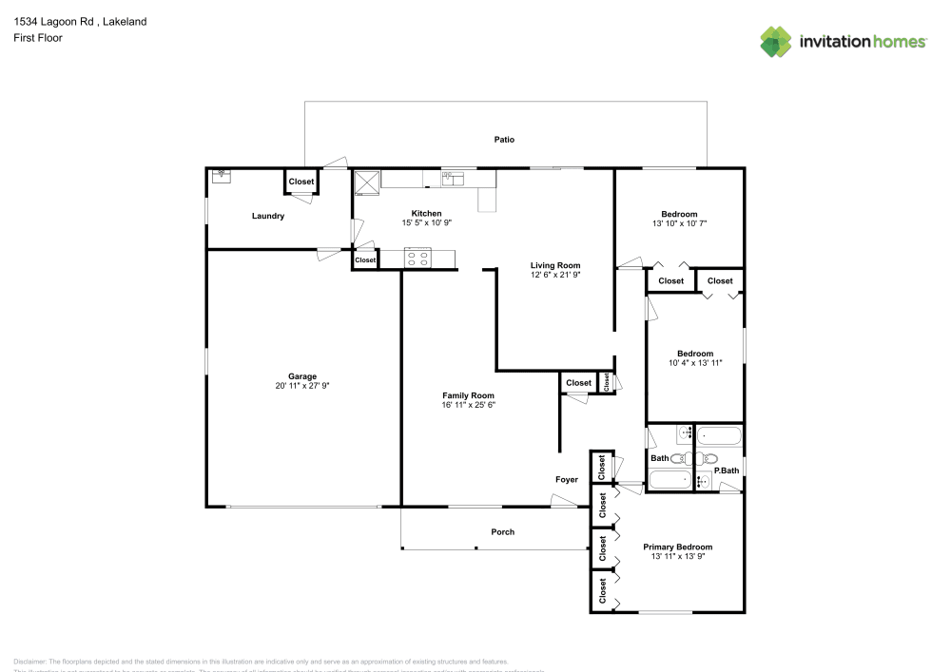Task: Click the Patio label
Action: pyautogui.click(x=504, y=140)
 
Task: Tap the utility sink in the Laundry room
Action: pyautogui.click(x=222, y=175)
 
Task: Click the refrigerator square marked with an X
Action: pyautogui.click(x=366, y=181)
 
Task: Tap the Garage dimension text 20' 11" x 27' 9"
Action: pyautogui.click(x=302, y=386)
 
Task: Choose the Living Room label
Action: pyautogui.click(x=555, y=265)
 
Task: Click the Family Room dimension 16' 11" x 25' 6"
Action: pyautogui.click(x=468, y=405)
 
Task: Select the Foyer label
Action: pyautogui.click(x=567, y=480)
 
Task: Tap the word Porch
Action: pyautogui.click(x=502, y=532)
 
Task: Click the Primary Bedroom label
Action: pyautogui.click(x=677, y=547)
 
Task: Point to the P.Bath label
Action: pyautogui.click(x=728, y=471)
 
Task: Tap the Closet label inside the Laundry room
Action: pyautogui.click(x=301, y=182)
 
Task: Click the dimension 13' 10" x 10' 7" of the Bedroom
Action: pyautogui.click(x=679, y=223)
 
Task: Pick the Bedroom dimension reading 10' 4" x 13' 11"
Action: pyautogui.click(x=694, y=363)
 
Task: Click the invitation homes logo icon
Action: pyautogui.click(x=776, y=42)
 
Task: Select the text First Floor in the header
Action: pyautogui.click(x=38, y=38)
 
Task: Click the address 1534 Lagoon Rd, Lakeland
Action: pyautogui.click(x=80, y=21)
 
